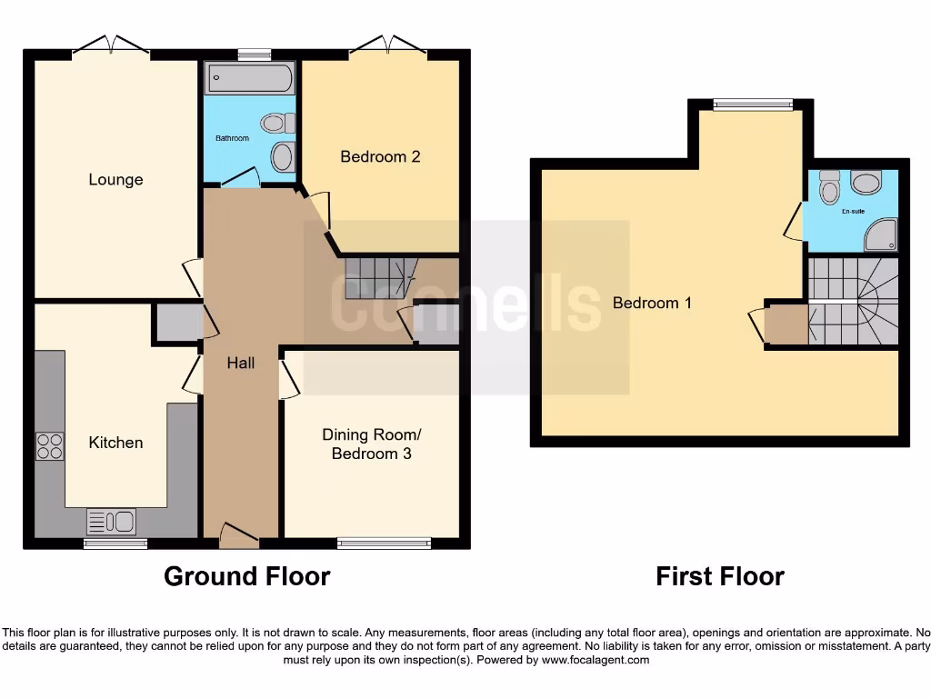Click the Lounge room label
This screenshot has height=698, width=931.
(115, 179)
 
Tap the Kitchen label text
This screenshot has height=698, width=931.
(115, 443)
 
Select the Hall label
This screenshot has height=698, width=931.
(240, 363)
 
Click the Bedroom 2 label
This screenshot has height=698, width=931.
(380, 156)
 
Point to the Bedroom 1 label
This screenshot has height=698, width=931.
(652, 303)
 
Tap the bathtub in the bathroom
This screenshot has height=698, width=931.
(249, 79)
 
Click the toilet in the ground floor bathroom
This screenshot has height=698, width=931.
(276, 123)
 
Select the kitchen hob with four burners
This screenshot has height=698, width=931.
(49, 445)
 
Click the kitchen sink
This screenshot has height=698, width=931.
(111, 522)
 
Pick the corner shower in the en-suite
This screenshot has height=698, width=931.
(881, 236)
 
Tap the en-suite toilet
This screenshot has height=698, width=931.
(828, 187)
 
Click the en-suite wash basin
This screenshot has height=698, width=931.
(866, 184)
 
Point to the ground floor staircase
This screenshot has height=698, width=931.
(377, 276)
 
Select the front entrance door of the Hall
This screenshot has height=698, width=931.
(239, 538)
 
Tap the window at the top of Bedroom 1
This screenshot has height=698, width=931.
(752, 105)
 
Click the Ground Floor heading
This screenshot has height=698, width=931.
(246, 575)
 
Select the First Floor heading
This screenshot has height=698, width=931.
(719, 575)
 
